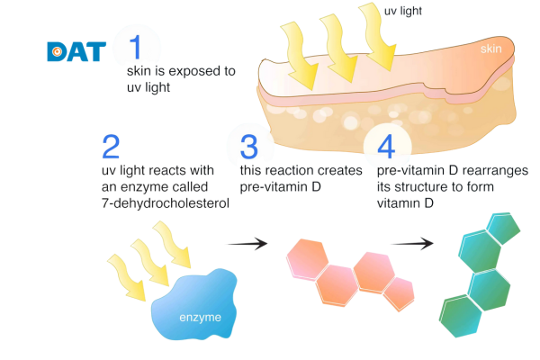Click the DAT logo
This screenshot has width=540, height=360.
tap(76, 50)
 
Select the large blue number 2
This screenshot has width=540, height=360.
tap(112, 147)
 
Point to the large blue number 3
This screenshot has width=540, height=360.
tap(248, 146)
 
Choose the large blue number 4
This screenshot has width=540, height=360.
tap(385, 145)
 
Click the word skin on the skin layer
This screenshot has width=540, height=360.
tap(490, 48)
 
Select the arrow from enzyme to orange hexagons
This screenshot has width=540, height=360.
tap(247, 243)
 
